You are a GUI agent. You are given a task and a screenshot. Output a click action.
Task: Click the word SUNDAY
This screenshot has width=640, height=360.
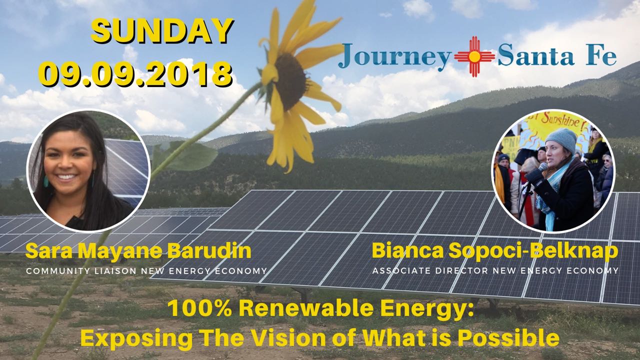coord(162,31)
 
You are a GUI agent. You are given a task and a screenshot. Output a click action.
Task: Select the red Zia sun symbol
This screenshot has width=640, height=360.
coord(474,56)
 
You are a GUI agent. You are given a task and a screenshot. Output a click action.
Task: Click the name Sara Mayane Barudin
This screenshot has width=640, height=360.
coord(138,251)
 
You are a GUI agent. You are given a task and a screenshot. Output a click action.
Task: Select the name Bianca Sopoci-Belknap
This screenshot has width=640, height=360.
coord(495,251)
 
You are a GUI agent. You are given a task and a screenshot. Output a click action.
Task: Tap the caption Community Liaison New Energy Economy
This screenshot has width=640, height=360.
coord(146,271)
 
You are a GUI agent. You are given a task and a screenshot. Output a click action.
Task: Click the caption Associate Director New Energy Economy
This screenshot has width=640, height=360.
coord(495,270)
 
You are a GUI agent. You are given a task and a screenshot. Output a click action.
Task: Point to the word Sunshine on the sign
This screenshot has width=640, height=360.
coord(557,121)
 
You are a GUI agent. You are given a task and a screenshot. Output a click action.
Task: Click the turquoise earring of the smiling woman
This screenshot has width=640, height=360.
coord(46,181)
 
